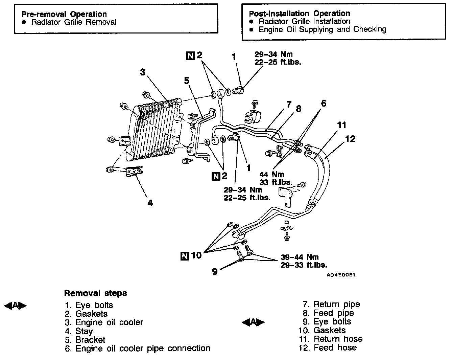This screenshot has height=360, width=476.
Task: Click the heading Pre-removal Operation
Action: (x=64, y=14)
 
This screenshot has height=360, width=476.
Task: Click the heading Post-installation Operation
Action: (x=299, y=14)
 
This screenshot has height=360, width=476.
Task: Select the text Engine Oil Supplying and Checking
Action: (x=322, y=29)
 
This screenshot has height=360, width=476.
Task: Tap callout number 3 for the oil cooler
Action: (x=143, y=72)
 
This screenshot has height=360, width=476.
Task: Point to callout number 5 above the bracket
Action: (x=187, y=80)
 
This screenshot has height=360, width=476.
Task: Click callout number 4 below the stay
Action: (x=150, y=203)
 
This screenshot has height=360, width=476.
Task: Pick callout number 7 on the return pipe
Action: (x=288, y=104)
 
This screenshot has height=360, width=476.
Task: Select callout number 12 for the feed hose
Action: (x=350, y=139)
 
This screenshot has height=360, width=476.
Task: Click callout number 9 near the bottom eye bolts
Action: (x=215, y=271)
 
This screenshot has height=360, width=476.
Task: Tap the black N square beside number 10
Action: (x=185, y=256)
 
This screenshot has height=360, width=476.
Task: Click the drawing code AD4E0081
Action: (x=341, y=275)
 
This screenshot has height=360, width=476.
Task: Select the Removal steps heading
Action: (x=95, y=293)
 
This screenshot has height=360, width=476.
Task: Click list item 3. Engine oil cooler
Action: (x=104, y=322)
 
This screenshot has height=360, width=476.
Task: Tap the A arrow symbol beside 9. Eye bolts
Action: (x=253, y=322)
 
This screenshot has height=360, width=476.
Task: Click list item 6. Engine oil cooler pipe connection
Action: (x=137, y=348)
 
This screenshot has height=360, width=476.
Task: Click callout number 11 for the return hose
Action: (x=342, y=125)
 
